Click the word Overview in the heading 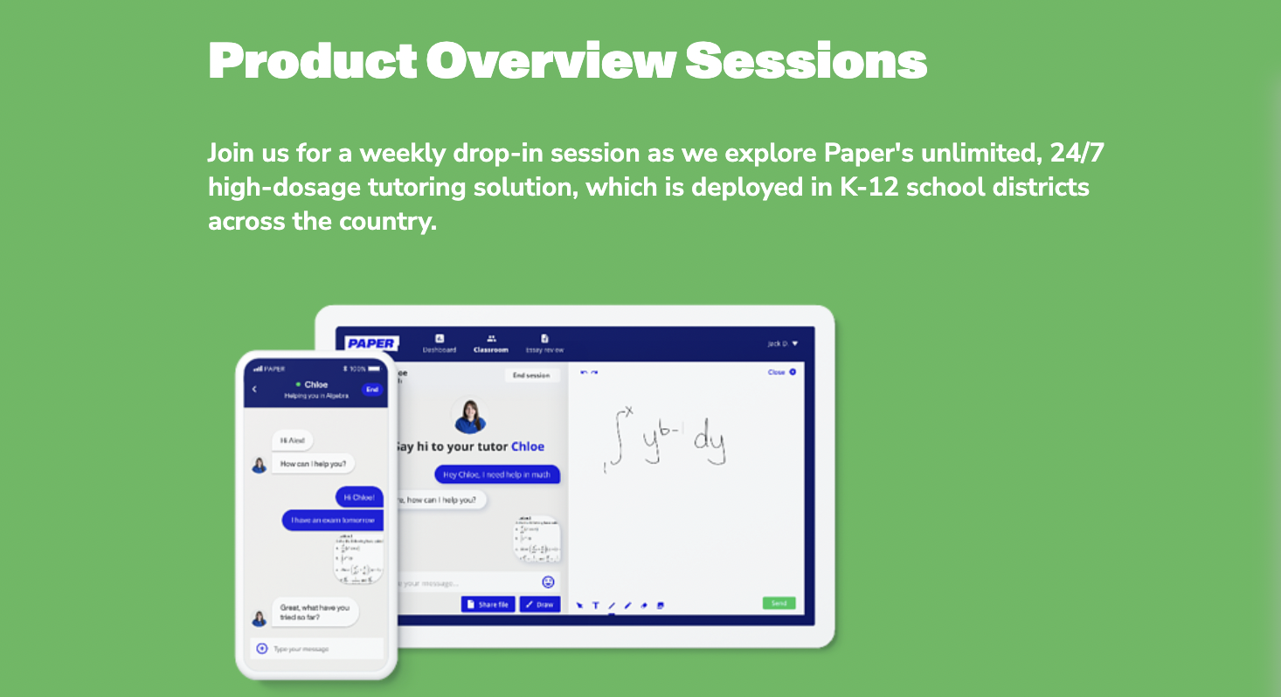[x=550, y=60]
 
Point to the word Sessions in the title [x=806, y=60]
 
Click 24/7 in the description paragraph [x=1077, y=153]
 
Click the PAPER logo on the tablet [x=371, y=343]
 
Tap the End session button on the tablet [x=531, y=376]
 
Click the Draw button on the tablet [x=540, y=604]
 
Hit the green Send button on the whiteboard [x=779, y=604]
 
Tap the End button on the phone [x=372, y=390]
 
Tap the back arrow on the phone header [x=254, y=390]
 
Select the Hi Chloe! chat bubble [x=359, y=497]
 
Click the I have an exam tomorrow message [x=332, y=520]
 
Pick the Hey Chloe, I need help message [x=497, y=474]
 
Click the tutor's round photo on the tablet [x=469, y=416]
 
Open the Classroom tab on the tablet [x=491, y=343]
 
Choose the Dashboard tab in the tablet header [x=440, y=343]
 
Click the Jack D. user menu [x=782, y=343]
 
